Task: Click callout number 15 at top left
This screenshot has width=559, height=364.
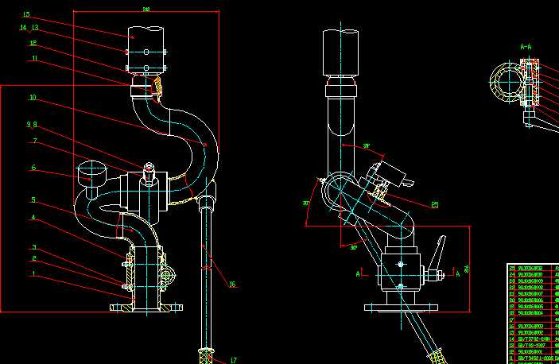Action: [x=26, y=14]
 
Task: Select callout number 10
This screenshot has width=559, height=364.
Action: [x=33, y=98]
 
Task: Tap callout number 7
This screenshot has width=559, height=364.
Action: [x=34, y=141]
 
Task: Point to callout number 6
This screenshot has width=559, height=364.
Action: [x=33, y=168]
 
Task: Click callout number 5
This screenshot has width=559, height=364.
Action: [x=33, y=199]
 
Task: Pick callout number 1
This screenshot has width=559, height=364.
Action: [x=33, y=274]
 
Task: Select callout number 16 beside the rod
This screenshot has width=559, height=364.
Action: [x=231, y=285]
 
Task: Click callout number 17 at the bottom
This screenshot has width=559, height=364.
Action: [x=234, y=360]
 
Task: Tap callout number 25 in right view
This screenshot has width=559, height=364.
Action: [x=434, y=205]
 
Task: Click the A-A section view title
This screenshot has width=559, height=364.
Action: [x=526, y=48]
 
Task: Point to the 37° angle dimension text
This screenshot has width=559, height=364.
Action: [x=367, y=146]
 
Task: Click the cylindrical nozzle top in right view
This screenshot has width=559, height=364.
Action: [x=343, y=52]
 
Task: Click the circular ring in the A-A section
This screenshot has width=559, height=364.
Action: [x=503, y=83]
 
